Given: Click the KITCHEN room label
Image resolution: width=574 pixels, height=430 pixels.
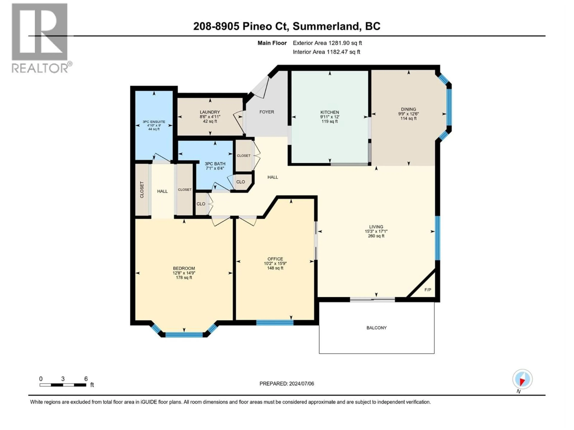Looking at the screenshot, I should click(330, 112).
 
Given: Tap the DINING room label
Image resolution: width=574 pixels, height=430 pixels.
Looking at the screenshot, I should click(408, 109).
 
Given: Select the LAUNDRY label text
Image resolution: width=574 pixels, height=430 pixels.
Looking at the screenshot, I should click(210, 112).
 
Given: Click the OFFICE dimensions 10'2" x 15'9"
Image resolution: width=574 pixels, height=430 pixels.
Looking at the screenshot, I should click(275, 263).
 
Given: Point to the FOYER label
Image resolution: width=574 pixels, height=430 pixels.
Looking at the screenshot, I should click(267, 112).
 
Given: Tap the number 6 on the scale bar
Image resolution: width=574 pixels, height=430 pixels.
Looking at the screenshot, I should click(86, 379).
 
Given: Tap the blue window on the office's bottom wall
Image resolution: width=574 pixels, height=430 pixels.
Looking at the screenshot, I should click(275, 323).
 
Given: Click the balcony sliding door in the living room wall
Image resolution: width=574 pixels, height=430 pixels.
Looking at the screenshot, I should click(372, 300).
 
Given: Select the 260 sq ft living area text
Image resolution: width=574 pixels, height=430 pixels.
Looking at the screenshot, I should click(376, 236).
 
